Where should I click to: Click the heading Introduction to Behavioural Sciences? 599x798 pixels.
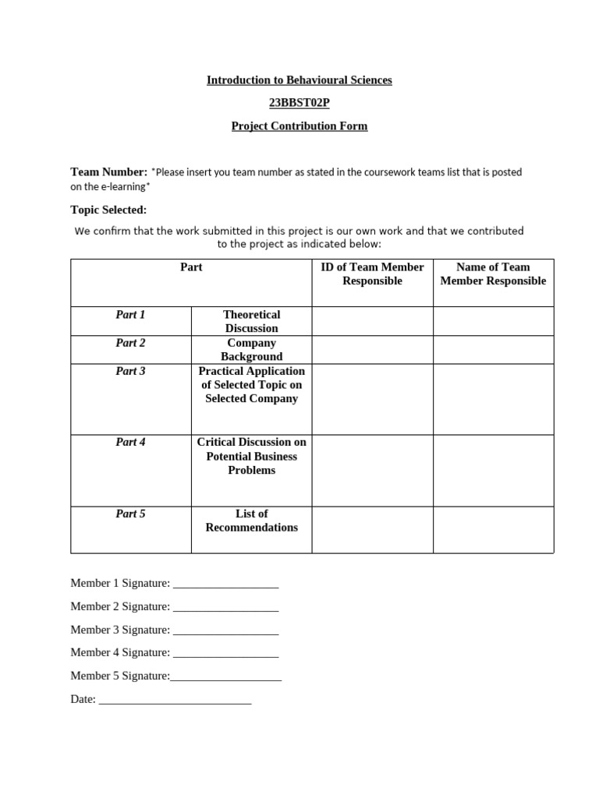coord(299,80)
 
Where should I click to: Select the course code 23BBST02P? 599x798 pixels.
coord(299,103)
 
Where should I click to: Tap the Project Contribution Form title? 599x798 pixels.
coord(299,126)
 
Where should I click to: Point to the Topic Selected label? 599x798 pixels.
coord(108,210)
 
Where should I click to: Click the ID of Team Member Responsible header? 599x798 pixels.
coord(372,274)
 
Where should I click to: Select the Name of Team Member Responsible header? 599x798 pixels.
coord(493,274)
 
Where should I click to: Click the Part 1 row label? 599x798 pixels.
coord(130,315)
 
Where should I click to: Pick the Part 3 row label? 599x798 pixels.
coord(130,371)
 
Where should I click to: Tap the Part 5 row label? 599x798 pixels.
coord(130,514)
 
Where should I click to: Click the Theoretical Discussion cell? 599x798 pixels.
coord(251,321)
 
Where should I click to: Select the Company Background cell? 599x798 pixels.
coord(251,349)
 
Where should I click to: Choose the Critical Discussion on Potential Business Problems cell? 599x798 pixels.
coord(251,456)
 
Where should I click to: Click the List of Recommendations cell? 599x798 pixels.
coord(251,521)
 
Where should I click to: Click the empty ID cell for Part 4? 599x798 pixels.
coord(372,471)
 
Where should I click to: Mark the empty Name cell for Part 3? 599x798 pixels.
coord(493,399)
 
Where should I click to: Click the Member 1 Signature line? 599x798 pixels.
coord(225,584)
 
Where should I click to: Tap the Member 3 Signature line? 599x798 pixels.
coord(225,631)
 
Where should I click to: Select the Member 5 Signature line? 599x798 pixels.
coord(225,678)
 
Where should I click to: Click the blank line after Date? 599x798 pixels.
coord(175,701)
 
